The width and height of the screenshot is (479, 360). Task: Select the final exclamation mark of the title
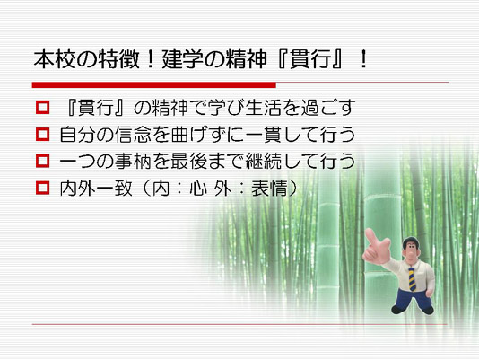pyautogui.click(x=363, y=59)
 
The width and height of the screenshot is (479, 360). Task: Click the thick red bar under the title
pyautogui.click(x=154, y=85)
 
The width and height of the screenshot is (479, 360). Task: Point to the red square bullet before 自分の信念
pyautogui.click(x=42, y=135)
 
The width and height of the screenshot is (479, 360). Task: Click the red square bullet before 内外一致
pyautogui.click(x=42, y=188)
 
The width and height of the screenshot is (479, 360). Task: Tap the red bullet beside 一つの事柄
pyautogui.click(x=42, y=161)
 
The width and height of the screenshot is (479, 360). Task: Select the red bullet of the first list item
pyautogui.click(x=42, y=108)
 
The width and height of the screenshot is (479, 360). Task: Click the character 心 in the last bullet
pyautogui.click(x=198, y=189)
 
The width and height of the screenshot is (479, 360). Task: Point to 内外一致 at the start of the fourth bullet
pyautogui.click(x=96, y=189)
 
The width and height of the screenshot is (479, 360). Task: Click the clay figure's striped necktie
pyautogui.click(x=412, y=279)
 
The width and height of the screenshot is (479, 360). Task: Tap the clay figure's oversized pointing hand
pyautogui.click(x=377, y=247)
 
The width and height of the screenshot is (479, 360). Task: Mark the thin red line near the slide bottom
pyautogui.click(x=239, y=324)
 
